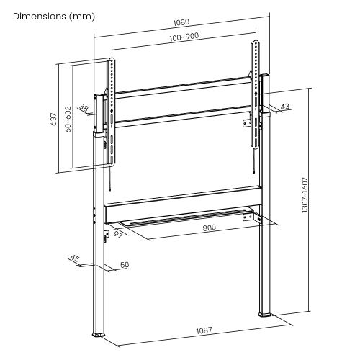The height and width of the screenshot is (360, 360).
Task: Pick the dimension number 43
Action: coord(284,107)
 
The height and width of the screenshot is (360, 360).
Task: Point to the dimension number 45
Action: coord(74,259)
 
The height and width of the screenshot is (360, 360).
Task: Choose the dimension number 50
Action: coord(124,266)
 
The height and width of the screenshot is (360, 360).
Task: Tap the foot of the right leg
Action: coord(264,313)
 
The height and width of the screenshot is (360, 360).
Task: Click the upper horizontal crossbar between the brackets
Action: coord(184,91)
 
